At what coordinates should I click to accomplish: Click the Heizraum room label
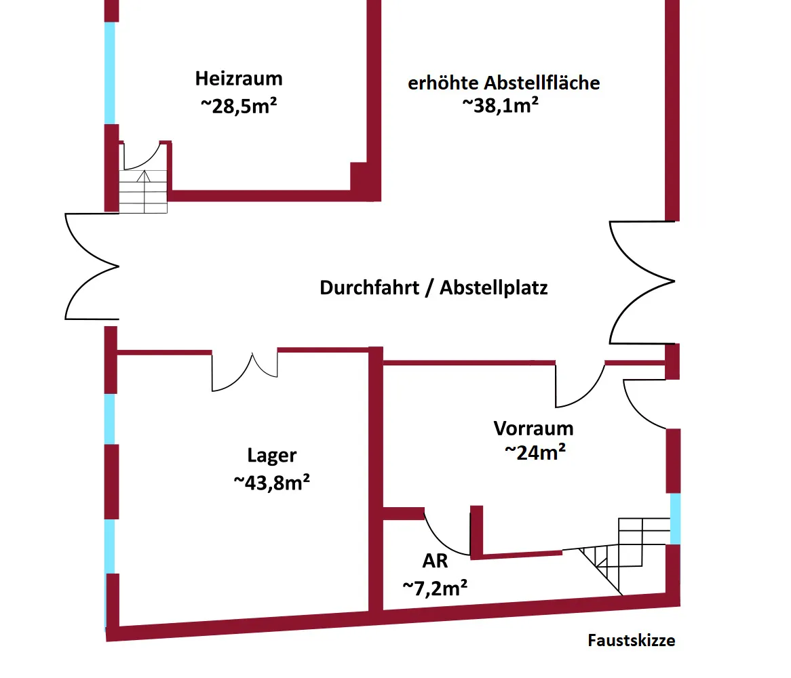[x=239, y=79]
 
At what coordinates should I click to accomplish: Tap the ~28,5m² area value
[x=239, y=107]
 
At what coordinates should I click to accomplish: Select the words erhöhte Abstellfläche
[x=503, y=83]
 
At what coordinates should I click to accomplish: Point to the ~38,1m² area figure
[x=501, y=104]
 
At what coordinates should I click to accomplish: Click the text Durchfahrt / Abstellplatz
[x=433, y=287]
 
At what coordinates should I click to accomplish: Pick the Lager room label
[x=271, y=456]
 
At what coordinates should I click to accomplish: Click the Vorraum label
[x=533, y=428]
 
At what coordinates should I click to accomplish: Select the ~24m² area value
[x=535, y=452]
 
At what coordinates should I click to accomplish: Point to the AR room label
[x=434, y=561]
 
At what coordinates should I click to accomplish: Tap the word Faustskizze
[x=631, y=640]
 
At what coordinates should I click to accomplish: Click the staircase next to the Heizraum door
[x=143, y=192]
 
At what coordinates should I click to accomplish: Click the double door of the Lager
[x=245, y=372]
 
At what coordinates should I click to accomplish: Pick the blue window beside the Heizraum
[x=109, y=73]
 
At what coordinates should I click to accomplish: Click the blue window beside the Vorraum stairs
[x=675, y=519]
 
